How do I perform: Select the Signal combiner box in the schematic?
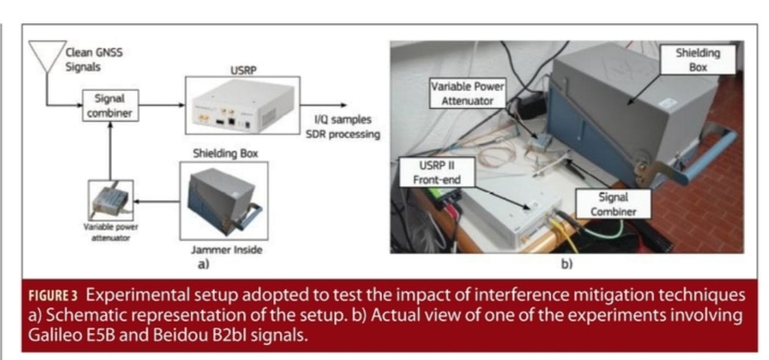coord(111,105)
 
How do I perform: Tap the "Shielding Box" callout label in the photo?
coord(697,59)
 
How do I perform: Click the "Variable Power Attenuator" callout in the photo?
coord(468,94)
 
